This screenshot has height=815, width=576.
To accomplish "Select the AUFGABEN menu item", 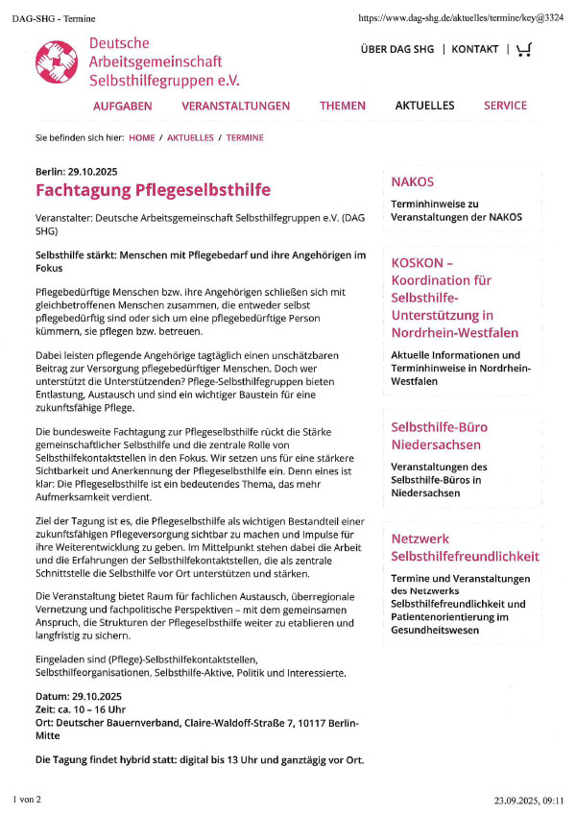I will [122, 107].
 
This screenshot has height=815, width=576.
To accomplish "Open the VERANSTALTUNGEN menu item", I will [235, 107].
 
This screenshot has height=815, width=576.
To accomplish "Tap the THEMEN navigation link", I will [343, 107].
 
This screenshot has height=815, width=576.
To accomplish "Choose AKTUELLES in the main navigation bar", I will [424, 107].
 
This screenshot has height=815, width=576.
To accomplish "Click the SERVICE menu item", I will [505, 107].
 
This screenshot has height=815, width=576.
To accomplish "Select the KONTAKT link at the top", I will [475, 49].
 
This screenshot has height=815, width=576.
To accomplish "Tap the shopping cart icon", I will [523, 49].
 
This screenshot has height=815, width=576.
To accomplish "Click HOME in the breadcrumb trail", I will [141, 138].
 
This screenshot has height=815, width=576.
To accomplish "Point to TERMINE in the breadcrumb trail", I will [245, 138].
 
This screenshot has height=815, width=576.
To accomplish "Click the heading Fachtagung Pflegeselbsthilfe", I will [153, 189].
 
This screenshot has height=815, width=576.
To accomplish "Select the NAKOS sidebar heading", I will [413, 181].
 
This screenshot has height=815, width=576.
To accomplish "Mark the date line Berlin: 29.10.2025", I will [76, 171].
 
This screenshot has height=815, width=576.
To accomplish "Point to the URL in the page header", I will [460, 18].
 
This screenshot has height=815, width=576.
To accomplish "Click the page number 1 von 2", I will [26, 799].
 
